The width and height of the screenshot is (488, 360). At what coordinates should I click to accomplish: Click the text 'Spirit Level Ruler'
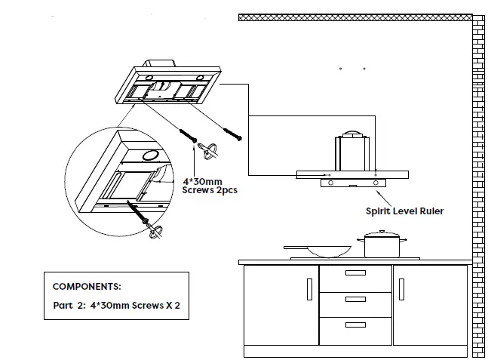pyautogui.click(x=404, y=211)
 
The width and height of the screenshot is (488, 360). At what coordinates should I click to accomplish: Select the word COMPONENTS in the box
pyautogui.click(x=87, y=287)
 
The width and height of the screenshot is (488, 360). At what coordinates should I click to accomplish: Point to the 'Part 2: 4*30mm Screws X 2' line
pyautogui.click(x=116, y=307)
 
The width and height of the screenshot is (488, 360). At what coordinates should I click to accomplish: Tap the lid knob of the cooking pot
pyautogui.click(x=382, y=233)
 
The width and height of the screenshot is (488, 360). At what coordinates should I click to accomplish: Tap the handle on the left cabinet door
pyautogui.click(x=309, y=289)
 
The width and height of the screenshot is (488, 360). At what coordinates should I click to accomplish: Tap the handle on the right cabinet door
pyautogui.click(x=401, y=289)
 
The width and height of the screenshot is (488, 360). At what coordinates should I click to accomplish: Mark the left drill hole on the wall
pyautogui.click(x=341, y=69)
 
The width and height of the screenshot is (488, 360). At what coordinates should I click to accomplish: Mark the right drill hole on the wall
pyautogui.click(x=364, y=69)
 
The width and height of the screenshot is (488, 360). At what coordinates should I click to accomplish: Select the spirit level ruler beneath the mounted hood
pyautogui.click(x=352, y=183)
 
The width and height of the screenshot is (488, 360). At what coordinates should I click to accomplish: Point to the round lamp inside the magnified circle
pyautogui.click(x=149, y=155)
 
